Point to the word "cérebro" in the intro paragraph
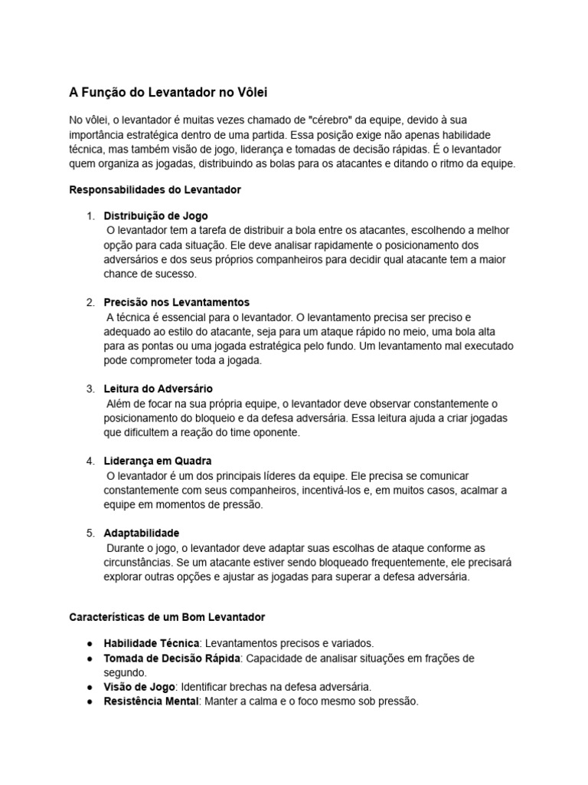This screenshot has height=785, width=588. tap(330, 120)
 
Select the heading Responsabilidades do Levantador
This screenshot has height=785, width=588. tap(155, 189)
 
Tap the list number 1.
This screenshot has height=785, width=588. tap(90, 216)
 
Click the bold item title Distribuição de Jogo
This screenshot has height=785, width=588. tap(155, 216)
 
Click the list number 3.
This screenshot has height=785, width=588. tap(90, 389)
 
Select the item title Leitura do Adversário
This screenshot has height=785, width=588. tap(158, 389)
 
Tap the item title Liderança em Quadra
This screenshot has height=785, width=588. tap(158, 461)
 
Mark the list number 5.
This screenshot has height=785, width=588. tap(90, 533)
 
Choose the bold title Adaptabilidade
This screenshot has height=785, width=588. tap(142, 533)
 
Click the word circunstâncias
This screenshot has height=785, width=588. tap(139, 562)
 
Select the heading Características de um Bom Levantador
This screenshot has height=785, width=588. tap(167, 616)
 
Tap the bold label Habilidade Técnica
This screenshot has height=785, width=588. tap(152, 643)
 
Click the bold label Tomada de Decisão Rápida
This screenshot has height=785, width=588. tap(172, 658)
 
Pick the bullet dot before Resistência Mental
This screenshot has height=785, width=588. tap(90, 701)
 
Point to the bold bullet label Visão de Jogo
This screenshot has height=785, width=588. tap(139, 687)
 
